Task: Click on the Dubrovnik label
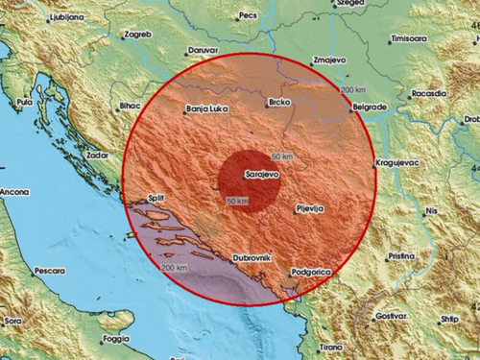point(253,258)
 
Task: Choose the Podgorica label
point(312,273)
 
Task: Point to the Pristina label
point(402,256)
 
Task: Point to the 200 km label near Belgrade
point(352,89)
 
